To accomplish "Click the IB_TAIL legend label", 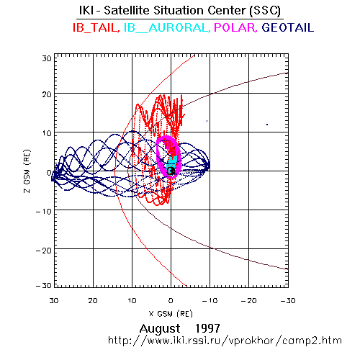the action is (x=96, y=27).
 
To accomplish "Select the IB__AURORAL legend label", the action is (x=166, y=27).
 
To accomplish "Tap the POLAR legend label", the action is (x=235, y=27).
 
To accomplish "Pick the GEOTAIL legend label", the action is (x=288, y=27).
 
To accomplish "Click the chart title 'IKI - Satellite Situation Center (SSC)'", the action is (x=180, y=10).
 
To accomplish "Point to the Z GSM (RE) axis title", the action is (x=27, y=171).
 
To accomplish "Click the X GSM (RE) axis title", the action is (x=171, y=313).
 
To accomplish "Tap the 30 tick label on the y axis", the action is (x=47, y=58).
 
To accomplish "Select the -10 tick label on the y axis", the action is (x=44, y=212).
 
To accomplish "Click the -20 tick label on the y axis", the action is (x=44, y=251).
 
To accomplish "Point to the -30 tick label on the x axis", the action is (x=288, y=300).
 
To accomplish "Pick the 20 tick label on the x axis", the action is (x=93, y=300).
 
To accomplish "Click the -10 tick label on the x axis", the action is (x=210, y=300).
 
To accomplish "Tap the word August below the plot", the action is (x=160, y=329).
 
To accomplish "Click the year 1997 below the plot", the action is (x=207, y=328).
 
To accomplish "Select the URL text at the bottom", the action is (x=225, y=341).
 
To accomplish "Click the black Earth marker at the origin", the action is (x=171, y=171).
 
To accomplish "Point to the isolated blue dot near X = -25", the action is (x=267, y=125).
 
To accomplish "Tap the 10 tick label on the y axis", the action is (x=47, y=133).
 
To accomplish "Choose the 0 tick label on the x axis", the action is (x=171, y=300).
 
